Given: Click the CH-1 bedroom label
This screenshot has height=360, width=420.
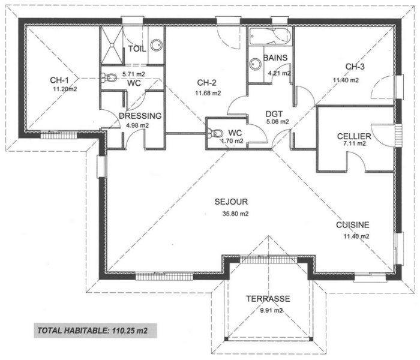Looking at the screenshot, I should tap(59, 80).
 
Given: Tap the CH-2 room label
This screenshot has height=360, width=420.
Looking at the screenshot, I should tap(208, 83).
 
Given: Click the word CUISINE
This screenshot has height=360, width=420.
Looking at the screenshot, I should tap(352, 225).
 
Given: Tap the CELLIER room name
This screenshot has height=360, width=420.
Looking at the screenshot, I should tap(354, 137).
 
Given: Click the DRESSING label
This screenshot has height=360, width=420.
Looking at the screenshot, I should tap(140, 116).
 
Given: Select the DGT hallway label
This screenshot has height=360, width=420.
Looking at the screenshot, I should tap(274, 112).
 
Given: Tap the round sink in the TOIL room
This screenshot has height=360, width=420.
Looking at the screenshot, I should tap(155, 45).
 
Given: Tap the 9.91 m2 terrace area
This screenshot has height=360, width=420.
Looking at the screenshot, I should tap(268, 310).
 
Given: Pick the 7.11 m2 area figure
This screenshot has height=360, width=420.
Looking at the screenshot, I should tap(354, 145).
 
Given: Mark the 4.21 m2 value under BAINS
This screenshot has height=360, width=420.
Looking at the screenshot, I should tap(279, 73).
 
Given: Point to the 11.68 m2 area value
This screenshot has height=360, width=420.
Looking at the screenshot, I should tap(208, 93).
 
